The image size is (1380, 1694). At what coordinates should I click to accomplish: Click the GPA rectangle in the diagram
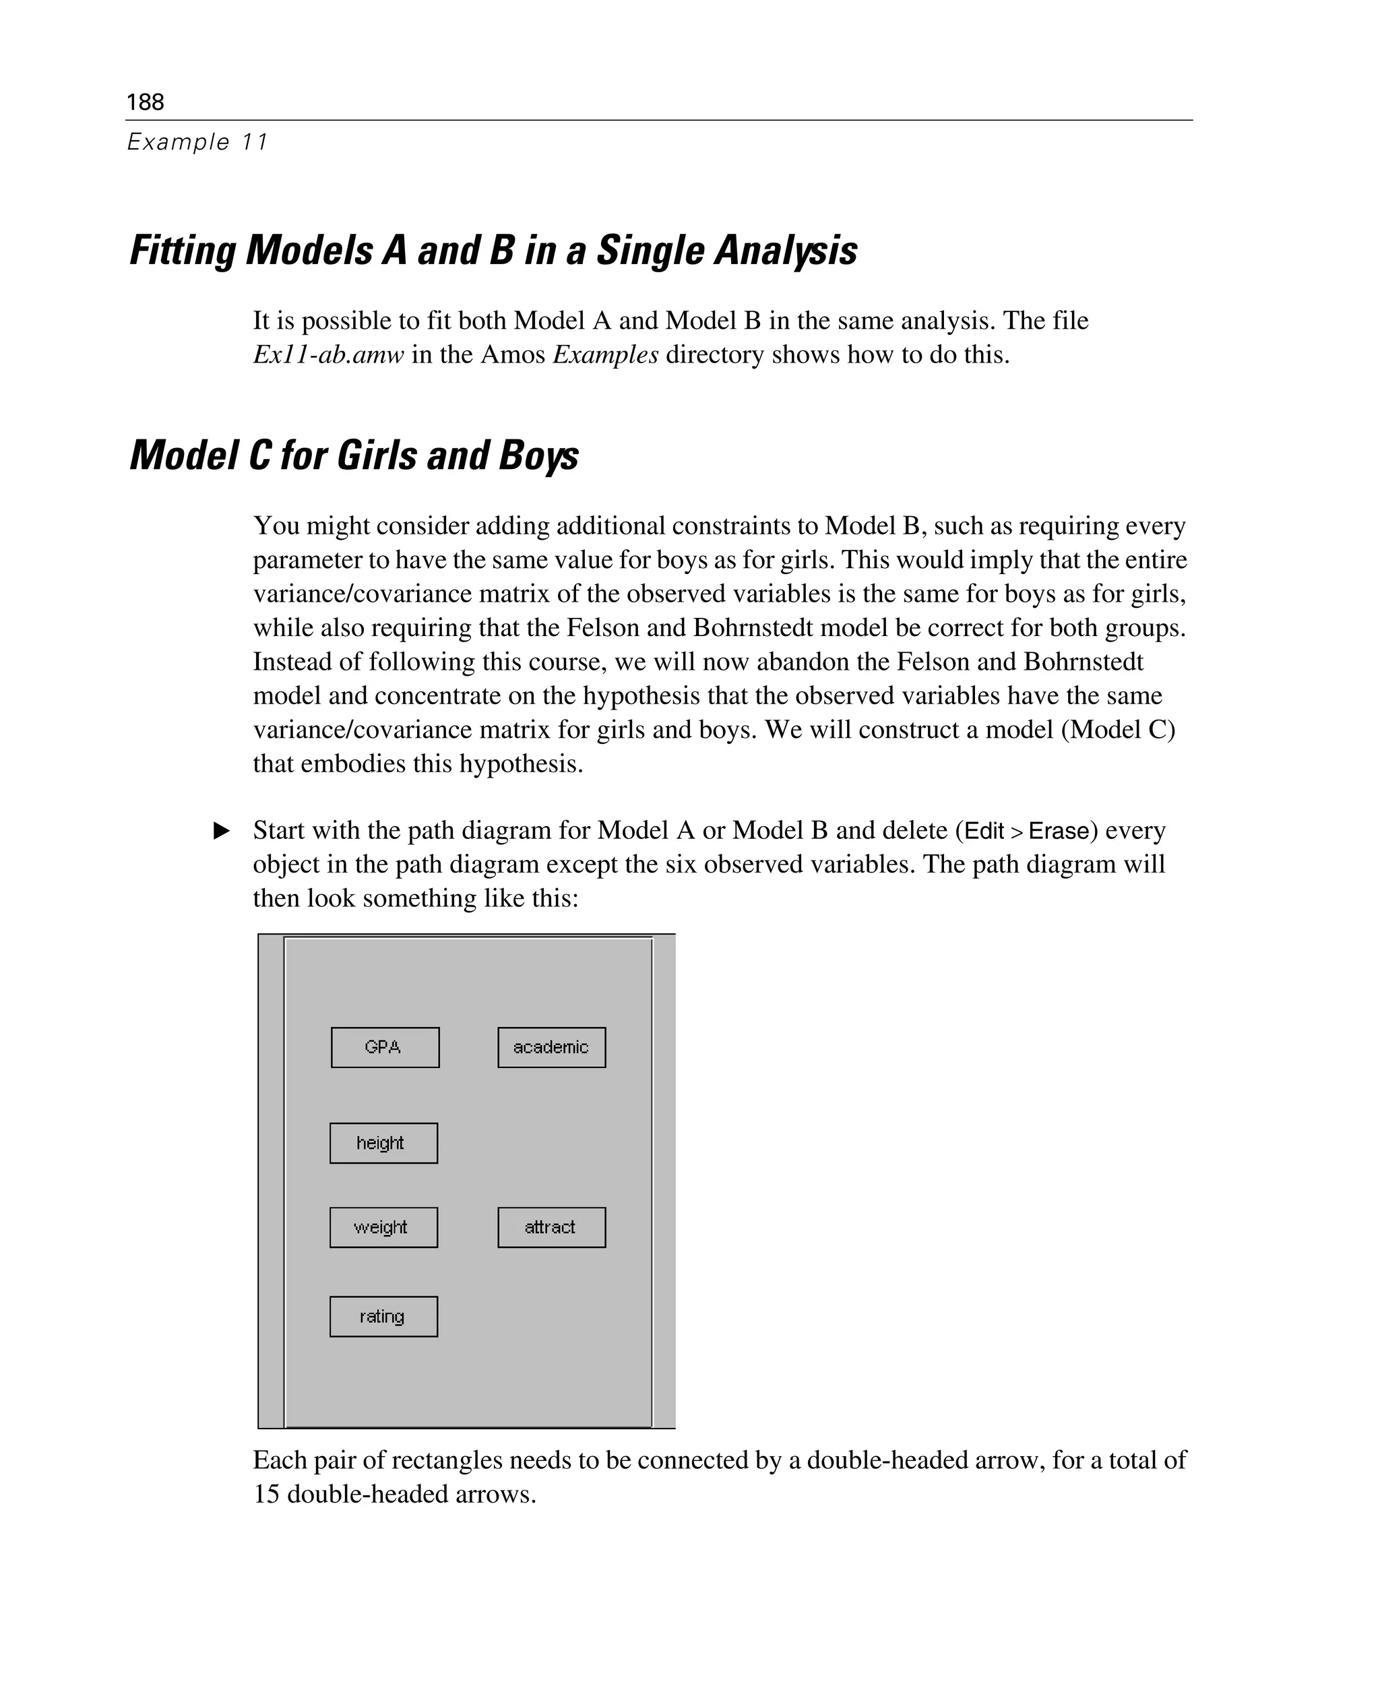(x=385, y=1047)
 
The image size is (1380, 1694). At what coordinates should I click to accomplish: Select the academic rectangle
(x=551, y=1047)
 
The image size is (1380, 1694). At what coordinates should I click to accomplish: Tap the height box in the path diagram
(x=383, y=1142)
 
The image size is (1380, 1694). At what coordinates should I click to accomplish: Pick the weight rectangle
(x=383, y=1226)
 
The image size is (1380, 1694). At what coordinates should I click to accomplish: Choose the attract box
(x=551, y=1226)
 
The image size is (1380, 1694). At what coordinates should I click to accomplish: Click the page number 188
(x=146, y=102)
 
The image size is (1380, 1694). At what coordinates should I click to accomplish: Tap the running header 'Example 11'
(x=198, y=142)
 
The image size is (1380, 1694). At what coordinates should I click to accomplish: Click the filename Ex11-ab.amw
(x=328, y=354)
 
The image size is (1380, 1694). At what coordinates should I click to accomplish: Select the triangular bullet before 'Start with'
(x=222, y=831)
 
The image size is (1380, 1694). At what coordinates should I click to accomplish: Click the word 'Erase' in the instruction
(x=1058, y=831)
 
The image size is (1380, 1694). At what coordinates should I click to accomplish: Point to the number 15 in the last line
(x=266, y=1495)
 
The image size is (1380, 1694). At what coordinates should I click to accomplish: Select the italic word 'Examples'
(x=605, y=354)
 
